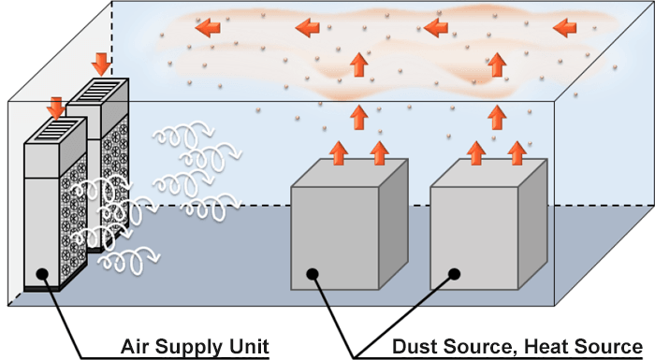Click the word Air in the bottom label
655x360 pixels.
pyautogui.click(x=137, y=347)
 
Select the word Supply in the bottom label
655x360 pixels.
pyautogui.click(x=191, y=347)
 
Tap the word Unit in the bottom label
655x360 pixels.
pyautogui.click(x=248, y=347)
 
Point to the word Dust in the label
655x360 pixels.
pyautogui.click(x=414, y=347)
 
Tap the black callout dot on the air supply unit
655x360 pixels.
pyautogui.click(x=41, y=274)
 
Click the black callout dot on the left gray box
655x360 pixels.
pyautogui.click(x=313, y=274)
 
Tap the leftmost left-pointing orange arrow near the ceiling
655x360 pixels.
pyautogui.click(x=210, y=28)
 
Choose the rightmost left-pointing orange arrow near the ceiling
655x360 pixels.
pyautogui.click(x=565, y=28)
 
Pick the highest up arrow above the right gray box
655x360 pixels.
pyautogui.click(x=497, y=64)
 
